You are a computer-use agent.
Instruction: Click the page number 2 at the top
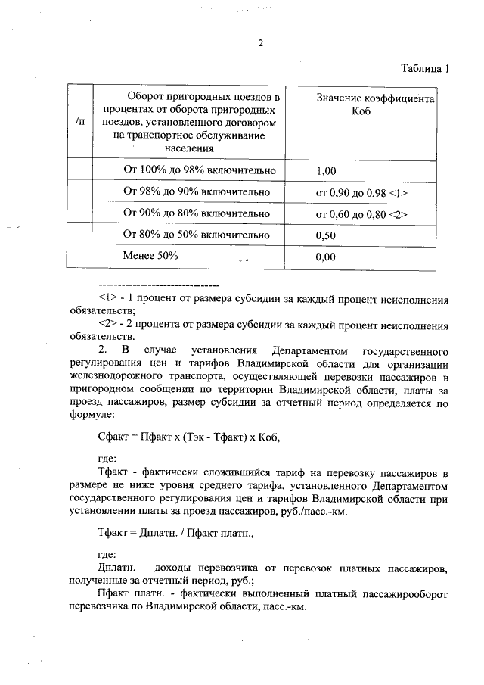tap(260, 43)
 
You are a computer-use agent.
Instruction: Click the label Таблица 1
tap(426, 70)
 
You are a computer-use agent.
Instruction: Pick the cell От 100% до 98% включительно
tap(194, 170)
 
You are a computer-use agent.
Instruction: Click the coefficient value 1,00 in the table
tap(326, 171)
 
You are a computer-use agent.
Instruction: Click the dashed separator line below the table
tap(159, 285)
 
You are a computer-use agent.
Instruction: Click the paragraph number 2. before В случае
tap(103, 350)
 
